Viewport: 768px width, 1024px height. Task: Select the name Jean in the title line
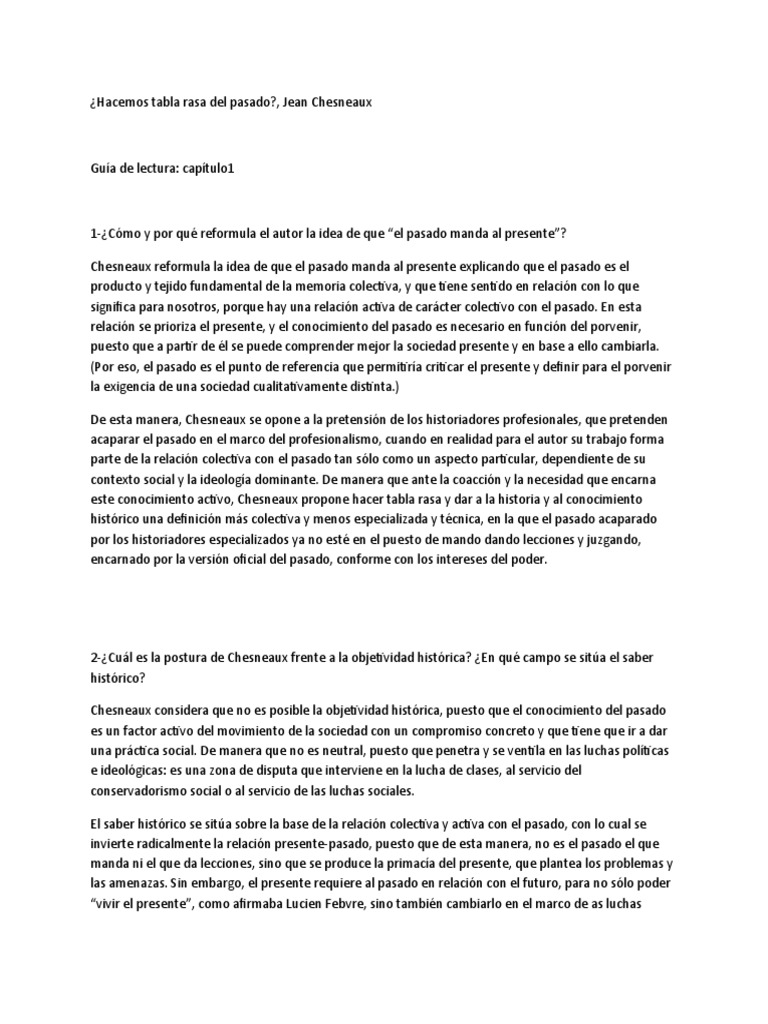300,102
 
